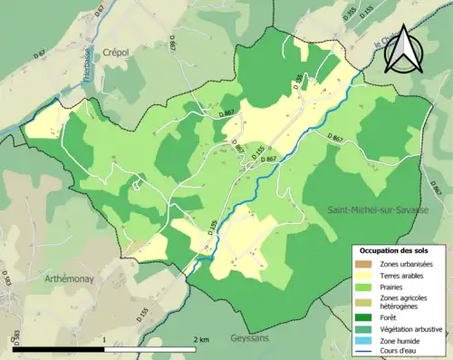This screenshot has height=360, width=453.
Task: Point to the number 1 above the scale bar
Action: (x=105, y=339)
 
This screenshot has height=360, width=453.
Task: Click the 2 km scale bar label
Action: (x=200, y=339)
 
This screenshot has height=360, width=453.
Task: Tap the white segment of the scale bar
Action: (x=150, y=348)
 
